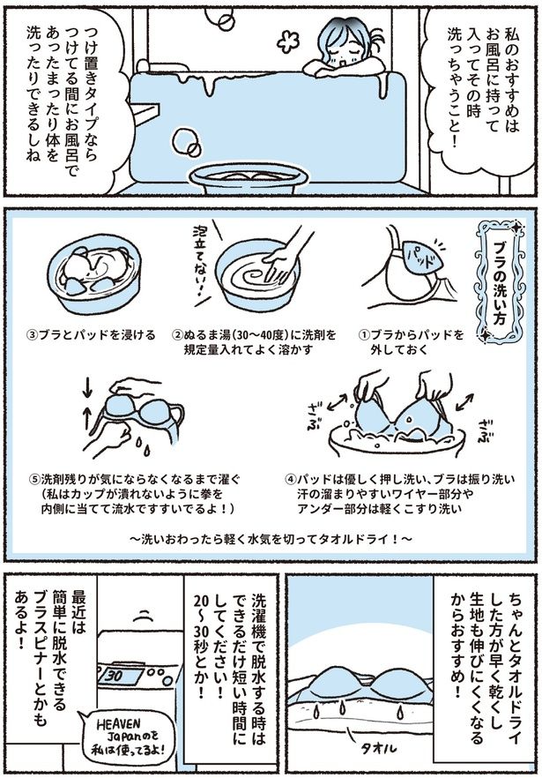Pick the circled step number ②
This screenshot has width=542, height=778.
(x=176, y=336)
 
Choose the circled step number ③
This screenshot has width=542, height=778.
(x=33, y=335)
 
